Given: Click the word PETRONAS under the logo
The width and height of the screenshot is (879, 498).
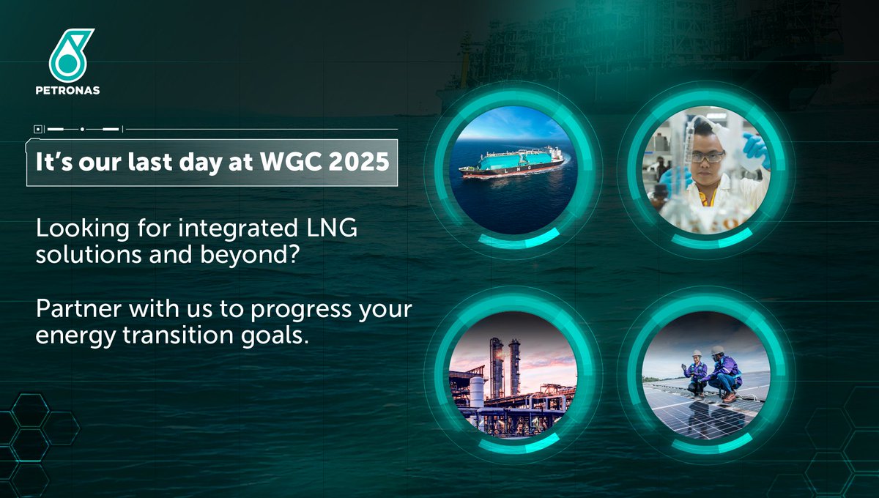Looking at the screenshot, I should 72,91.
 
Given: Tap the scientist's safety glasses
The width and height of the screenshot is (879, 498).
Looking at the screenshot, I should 708,157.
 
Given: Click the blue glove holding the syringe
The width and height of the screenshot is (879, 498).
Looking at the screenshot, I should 754,149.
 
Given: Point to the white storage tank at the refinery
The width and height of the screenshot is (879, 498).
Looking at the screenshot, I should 476,390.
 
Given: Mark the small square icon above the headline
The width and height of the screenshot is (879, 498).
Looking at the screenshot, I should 38,129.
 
